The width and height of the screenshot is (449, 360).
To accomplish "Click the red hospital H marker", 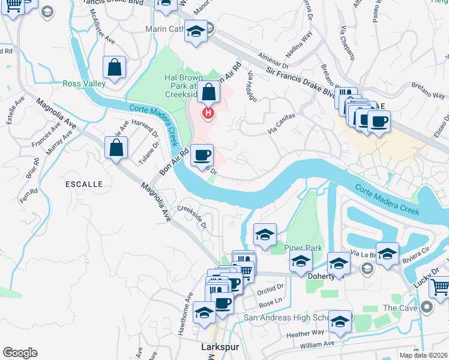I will tap(208, 113).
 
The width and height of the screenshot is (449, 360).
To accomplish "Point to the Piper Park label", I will tap(303, 248).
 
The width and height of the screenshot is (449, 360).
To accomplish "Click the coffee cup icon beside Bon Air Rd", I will tap(202, 155).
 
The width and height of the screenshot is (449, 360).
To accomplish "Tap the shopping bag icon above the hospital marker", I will tap(209, 92).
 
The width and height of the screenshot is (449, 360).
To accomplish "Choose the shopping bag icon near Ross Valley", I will tap(113, 68).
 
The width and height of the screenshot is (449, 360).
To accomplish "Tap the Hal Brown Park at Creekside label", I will tap(181, 86).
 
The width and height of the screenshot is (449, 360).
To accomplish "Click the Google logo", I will tap(20, 353).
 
